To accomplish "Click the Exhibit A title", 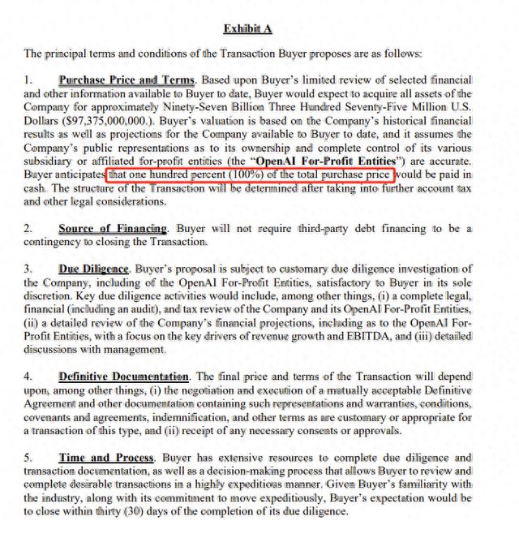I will click(248, 29).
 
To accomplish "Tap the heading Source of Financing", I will click(113, 229).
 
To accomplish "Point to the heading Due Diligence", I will click(94, 269).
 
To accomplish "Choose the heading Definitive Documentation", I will click(124, 377).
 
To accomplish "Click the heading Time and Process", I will click(106, 458).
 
